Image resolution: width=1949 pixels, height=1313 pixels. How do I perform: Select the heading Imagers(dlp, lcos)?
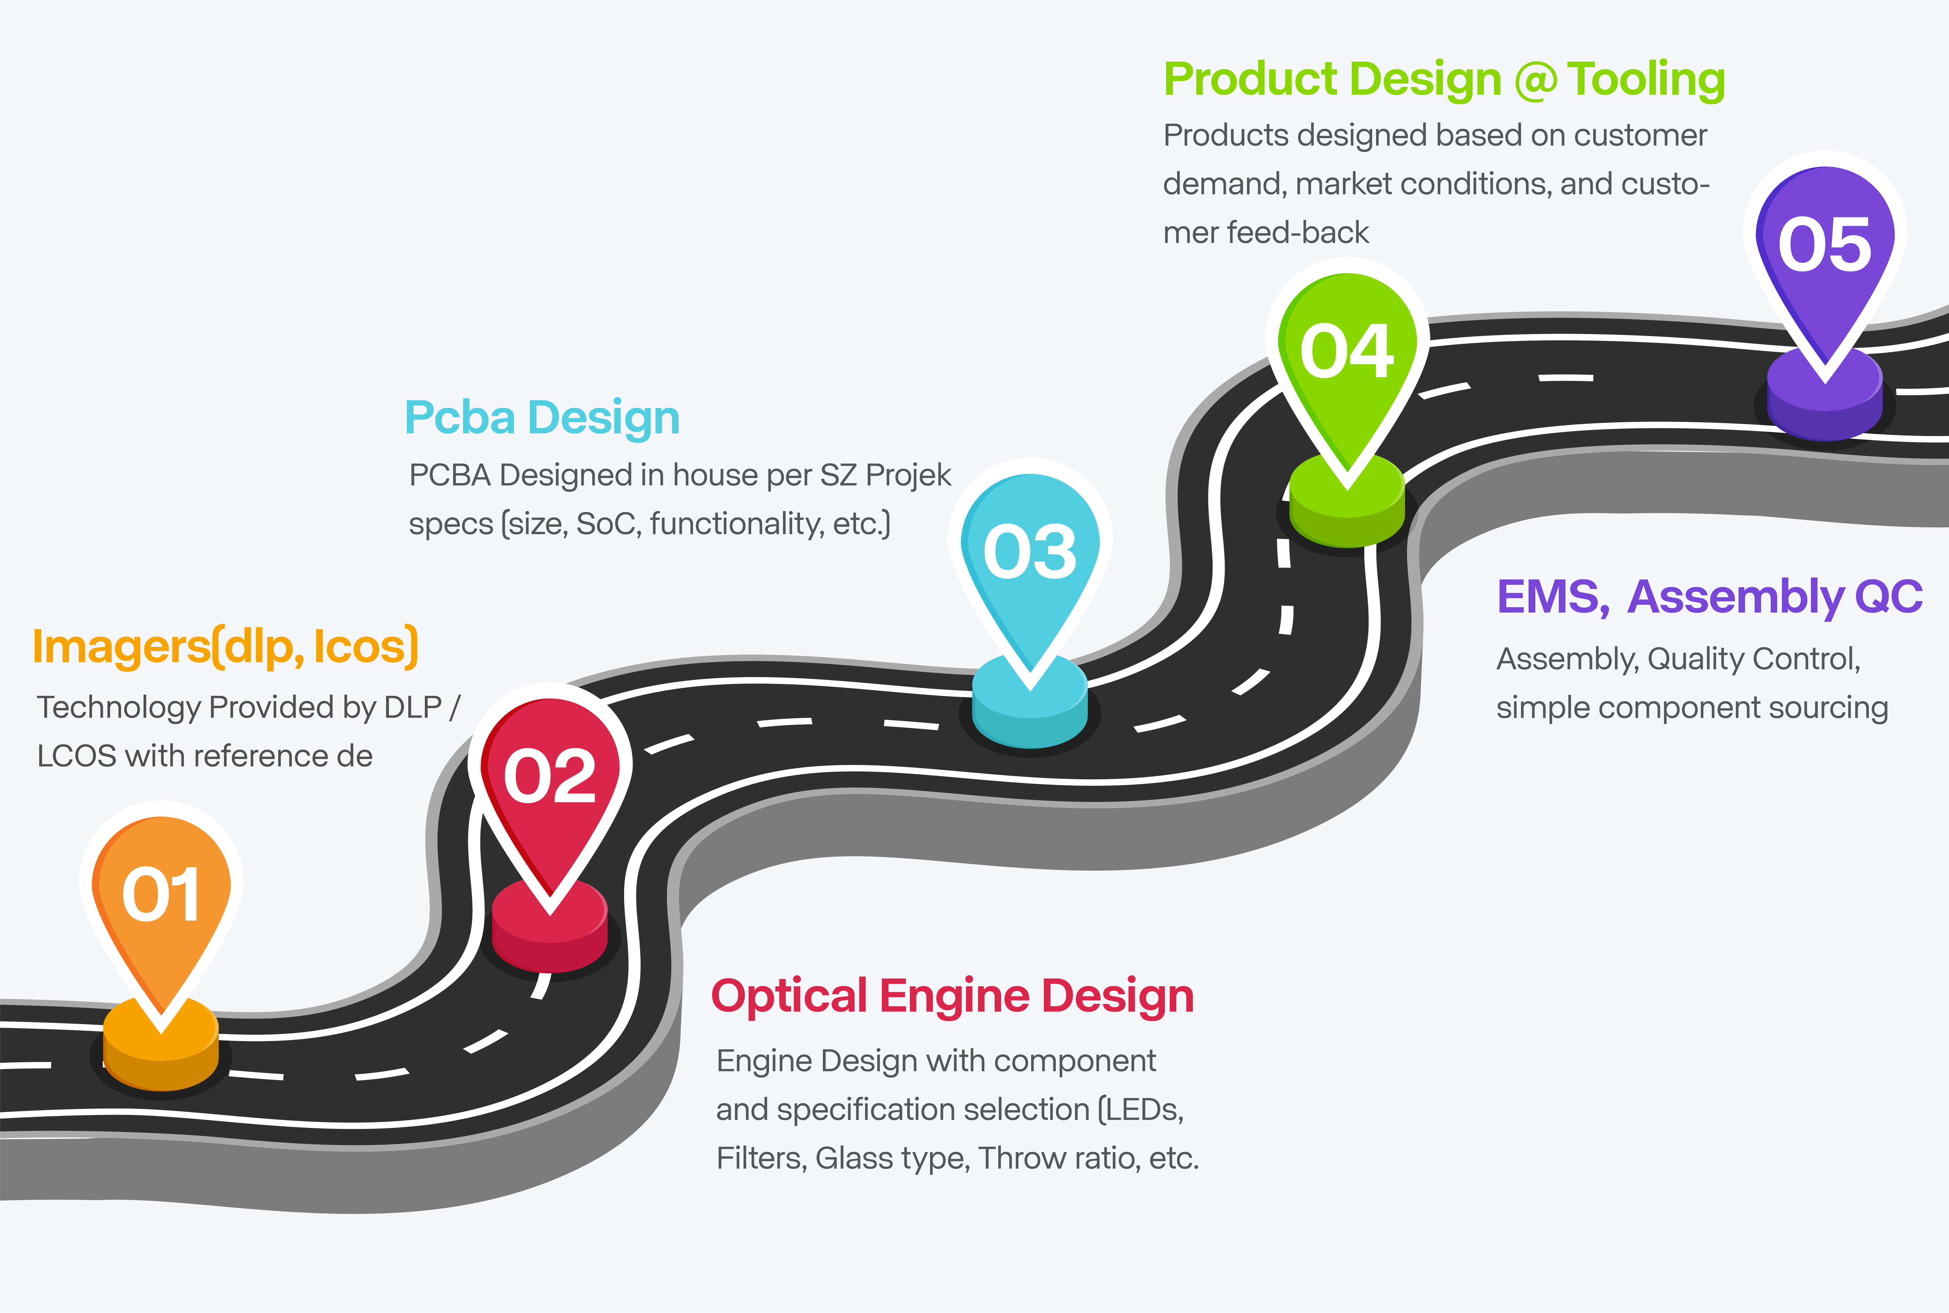tap(225, 646)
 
